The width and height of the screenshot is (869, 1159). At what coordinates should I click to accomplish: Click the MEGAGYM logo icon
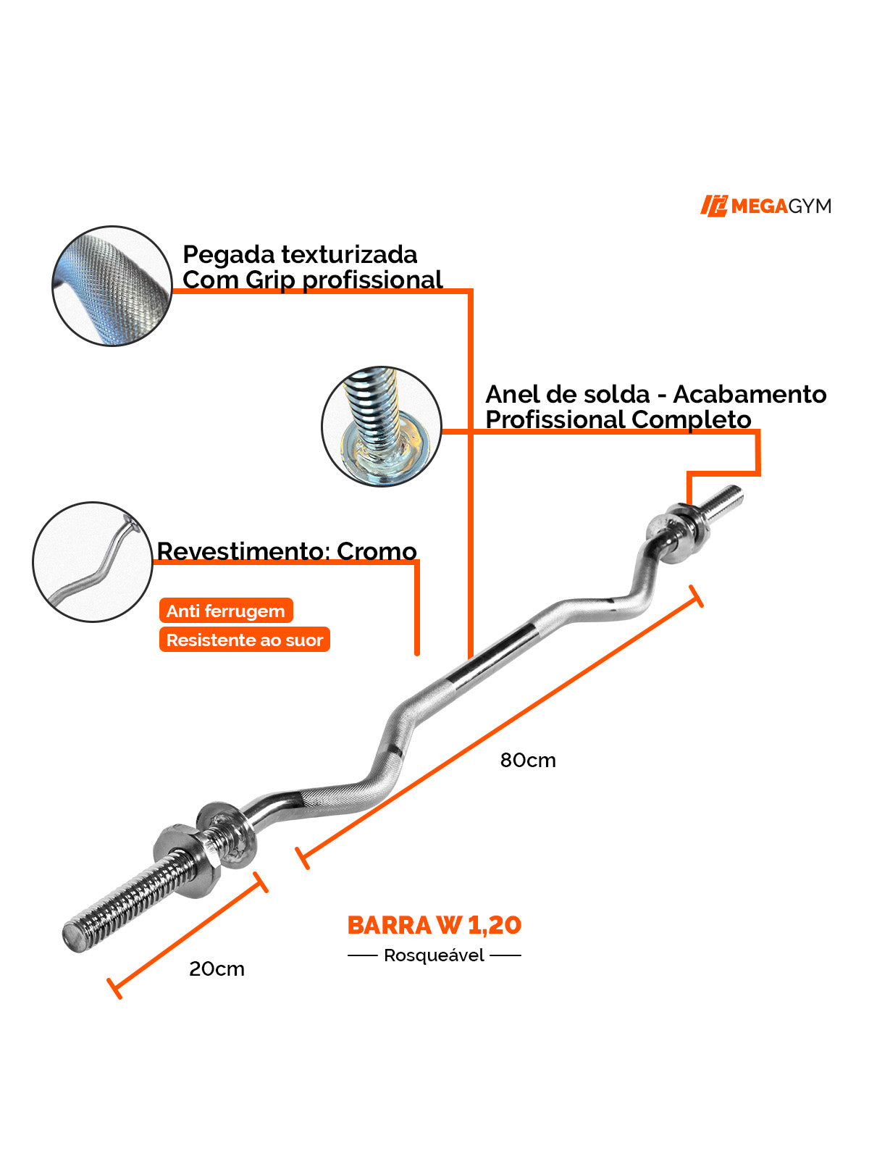pyautogui.click(x=713, y=206)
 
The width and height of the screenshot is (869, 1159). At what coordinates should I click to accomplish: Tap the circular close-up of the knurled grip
pyautogui.click(x=112, y=285)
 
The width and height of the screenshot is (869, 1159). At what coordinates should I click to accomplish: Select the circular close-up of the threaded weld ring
pyautogui.click(x=381, y=426)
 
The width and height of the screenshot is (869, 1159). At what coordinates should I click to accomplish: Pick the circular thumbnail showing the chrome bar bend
pyautogui.click(x=93, y=561)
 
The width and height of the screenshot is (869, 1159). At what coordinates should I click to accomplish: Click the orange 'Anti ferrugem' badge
pyautogui.click(x=226, y=611)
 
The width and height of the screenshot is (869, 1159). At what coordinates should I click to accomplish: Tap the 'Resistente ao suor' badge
pyautogui.click(x=245, y=640)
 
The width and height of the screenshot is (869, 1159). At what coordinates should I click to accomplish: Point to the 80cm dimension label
pyautogui.click(x=528, y=760)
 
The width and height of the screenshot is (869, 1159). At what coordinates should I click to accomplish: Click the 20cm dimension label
pyautogui.click(x=217, y=968)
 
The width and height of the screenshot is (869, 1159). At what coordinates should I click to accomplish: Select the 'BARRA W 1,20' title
pyautogui.click(x=434, y=925)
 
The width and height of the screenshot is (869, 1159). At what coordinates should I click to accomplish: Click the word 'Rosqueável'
pyautogui.click(x=434, y=955)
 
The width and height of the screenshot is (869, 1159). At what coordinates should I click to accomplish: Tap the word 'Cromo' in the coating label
pyautogui.click(x=377, y=551)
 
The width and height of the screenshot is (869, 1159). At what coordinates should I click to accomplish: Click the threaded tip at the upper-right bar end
pyautogui.click(x=727, y=501)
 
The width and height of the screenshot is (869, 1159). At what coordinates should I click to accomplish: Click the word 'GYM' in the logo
pyautogui.click(x=809, y=206)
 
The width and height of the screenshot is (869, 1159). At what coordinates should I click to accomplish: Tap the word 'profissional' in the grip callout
pyautogui.click(x=372, y=280)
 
